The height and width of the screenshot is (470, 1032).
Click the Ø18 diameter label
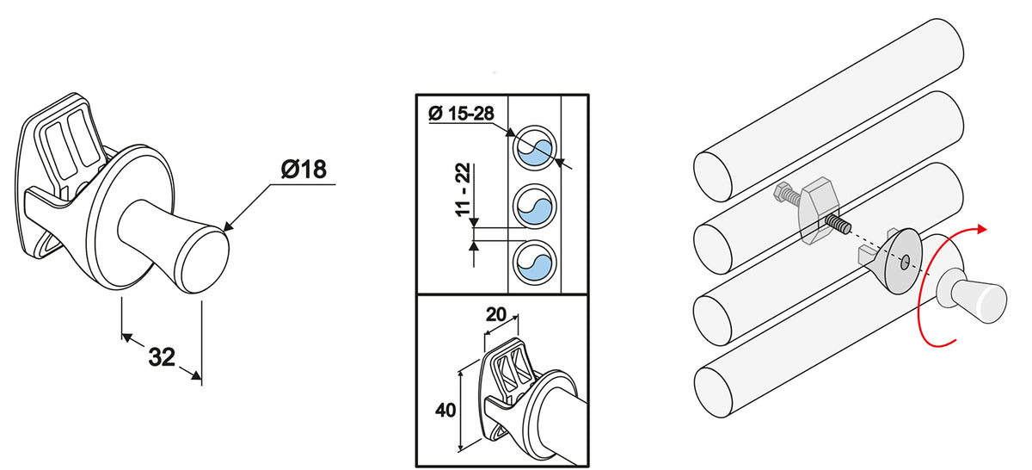click(x=304, y=170)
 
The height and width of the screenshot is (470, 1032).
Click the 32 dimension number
click(x=162, y=357)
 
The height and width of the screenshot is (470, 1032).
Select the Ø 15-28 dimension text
click(x=461, y=114)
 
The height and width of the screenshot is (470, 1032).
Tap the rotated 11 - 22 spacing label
click(x=463, y=189)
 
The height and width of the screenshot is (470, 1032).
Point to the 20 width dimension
click(x=495, y=314)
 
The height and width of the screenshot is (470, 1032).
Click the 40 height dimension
click(x=445, y=410)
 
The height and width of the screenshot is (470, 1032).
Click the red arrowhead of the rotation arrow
click(x=982, y=229)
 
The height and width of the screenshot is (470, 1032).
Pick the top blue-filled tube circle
click(x=534, y=148)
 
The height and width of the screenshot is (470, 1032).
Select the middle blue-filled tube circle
click(x=534, y=206)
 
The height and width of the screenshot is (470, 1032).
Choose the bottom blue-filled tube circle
click(x=534, y=263)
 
